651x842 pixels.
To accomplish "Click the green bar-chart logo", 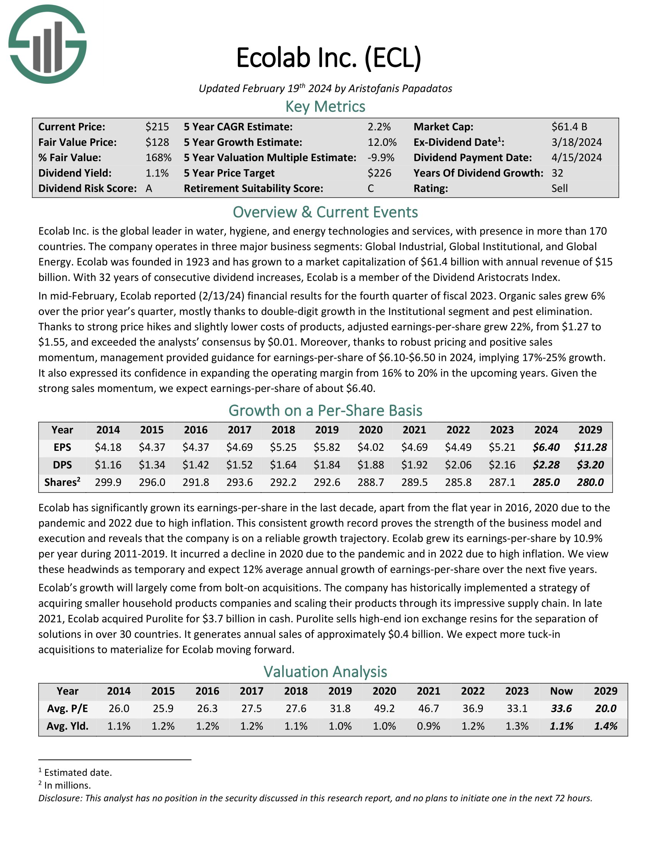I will pyautogui.click(x=47, y=44).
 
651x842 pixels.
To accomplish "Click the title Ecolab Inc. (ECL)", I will pyautogui.click(x=329, y=58).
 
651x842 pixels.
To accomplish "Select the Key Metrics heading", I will pyautogui.click(x=325, y=107).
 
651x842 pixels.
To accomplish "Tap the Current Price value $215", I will pyautogui.click(x=157, y=127).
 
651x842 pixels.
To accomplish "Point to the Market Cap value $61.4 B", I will pyautogui.click(x=569, y=127).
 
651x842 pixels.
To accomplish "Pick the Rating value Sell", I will pyautogui.click(x=559, y=189).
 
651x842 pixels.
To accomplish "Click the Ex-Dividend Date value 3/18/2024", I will pyautogui.click(x=577, y=142).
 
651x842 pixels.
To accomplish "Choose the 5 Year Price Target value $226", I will pyautogui.click(x=379, y=173).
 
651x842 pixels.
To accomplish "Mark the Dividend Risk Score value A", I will pyautogui.click(x=149, y=189).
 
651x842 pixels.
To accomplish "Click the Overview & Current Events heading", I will pyautogui.click(x=325, y=212).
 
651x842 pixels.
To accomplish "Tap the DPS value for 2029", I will pyautogui.click(x=590, y=465).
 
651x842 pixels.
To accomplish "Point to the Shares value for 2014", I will pyautogui.click(x=108, y=482).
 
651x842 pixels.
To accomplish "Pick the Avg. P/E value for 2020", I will pyautogui.click(x=384, y=708).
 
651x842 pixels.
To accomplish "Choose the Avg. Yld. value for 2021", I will pyautogui.click(x=429, y=726).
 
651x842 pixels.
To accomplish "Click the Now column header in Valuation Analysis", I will pyautogui.click(x=561, y=691).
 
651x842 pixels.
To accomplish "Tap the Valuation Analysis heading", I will pyautogui.click(x=325, y=672).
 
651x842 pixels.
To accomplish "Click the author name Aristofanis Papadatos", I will pyautogui.click(x=400, y=89).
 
